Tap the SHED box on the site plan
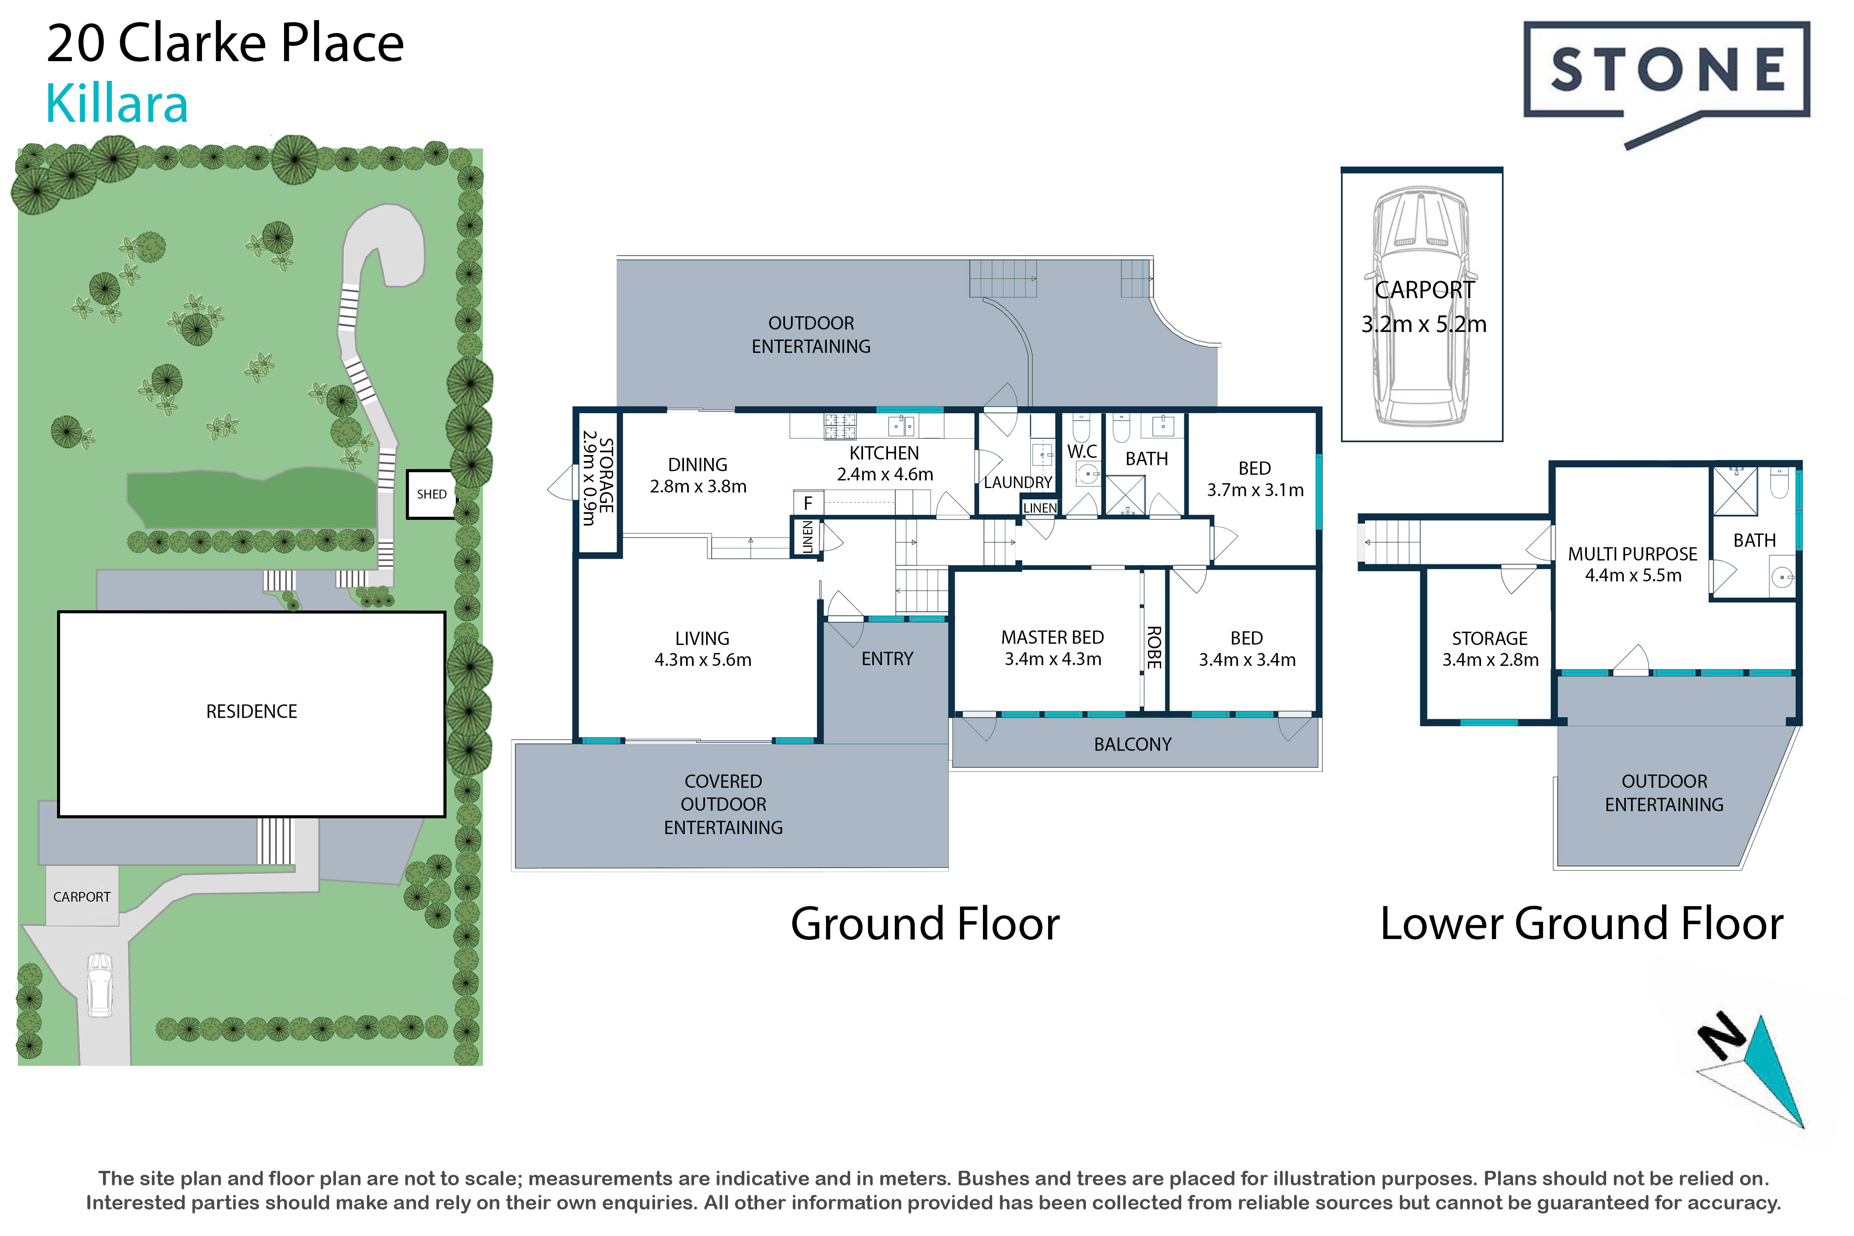[x=431, y=494]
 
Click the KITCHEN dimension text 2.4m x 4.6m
[x=884, y=474]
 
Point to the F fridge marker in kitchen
[x=808, y=503]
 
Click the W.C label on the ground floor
[x=1082, y=452]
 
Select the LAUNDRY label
[x=1018, y=482]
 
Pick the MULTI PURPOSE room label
[x=1632, y=554]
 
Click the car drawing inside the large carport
[x=1422, y=307]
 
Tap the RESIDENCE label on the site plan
[x=251, y=712]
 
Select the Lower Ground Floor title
[x=1581, y=924]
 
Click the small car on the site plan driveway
[x=99, y=985]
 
